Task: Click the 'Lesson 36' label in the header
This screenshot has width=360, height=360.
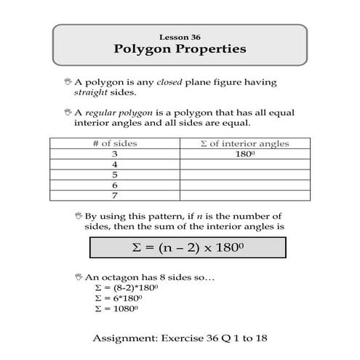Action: [x=180, y=36]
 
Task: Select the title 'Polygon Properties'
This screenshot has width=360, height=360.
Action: [x=180, y=49]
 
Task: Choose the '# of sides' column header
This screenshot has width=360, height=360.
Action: [x=115, y=144]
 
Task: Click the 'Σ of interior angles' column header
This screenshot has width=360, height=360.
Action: [x=244, y=144]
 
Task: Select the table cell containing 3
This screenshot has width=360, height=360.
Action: [x=115, y=154]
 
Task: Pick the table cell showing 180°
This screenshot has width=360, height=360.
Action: [x=244, y=154]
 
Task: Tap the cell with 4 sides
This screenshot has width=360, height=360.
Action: [x=115, y=164]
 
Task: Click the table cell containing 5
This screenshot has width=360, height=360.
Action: [x=115, y=175]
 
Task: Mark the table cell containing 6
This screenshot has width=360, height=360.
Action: [x=115, y=185]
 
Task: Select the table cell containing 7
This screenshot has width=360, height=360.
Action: [x=115, y=195]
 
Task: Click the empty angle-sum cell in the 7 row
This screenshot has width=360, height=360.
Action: [x=244, y=195]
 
